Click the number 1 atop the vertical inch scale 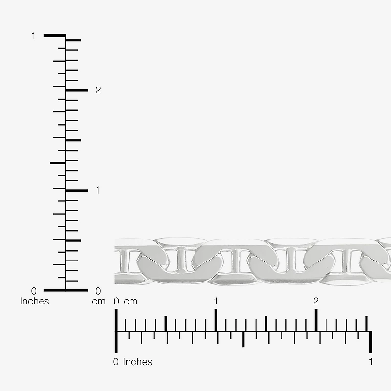(33, 36)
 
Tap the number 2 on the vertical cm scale (98, 90)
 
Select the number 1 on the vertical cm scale (97, 190)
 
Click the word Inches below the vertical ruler (34, 301)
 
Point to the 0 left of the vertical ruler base (34, 291)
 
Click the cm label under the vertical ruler (99, 302)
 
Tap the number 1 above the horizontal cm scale (216, 301)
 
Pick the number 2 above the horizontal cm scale (316, 301)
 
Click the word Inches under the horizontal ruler (137, 362)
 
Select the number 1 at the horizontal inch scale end (371, 362)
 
